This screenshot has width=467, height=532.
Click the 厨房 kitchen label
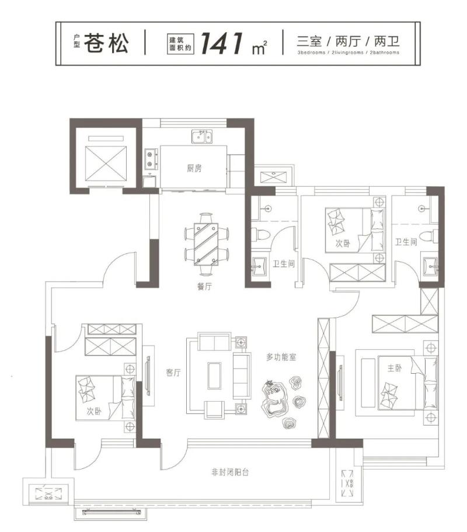pyautogui.click(x=194, y=168)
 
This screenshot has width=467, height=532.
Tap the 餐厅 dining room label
pyautogui.click(x=204, y=286)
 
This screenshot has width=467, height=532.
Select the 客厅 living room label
pyautogui.click(x=173, y=373)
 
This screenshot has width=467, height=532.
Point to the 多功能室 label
pyautogui.click(x=281, y=357)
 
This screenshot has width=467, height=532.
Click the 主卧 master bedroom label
pyautogui.click(x=395, y=368)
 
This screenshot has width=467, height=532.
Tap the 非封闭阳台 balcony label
pyautogui.click(x=230, y=472)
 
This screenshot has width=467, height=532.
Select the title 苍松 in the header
pyautogui.click(x=106, y=43)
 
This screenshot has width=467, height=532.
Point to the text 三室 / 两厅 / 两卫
pyautogui.click(x=348, y=41)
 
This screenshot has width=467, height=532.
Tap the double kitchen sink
pyautogui.click(x=202, y=137)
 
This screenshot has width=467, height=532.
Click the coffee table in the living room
pyautogui.click(x=214, y=375)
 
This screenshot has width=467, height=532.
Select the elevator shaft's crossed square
pyautogui.click(x=106, y=164)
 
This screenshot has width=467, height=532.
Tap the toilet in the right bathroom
pyautogui.click(x=428, y=236)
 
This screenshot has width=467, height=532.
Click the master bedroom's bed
pyautogui.click(x=407, y=382)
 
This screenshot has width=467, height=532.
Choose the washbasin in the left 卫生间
pyautogui.click(x=261, y=267)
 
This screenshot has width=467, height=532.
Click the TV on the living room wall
pyautogui.click(x=148, y=375)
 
